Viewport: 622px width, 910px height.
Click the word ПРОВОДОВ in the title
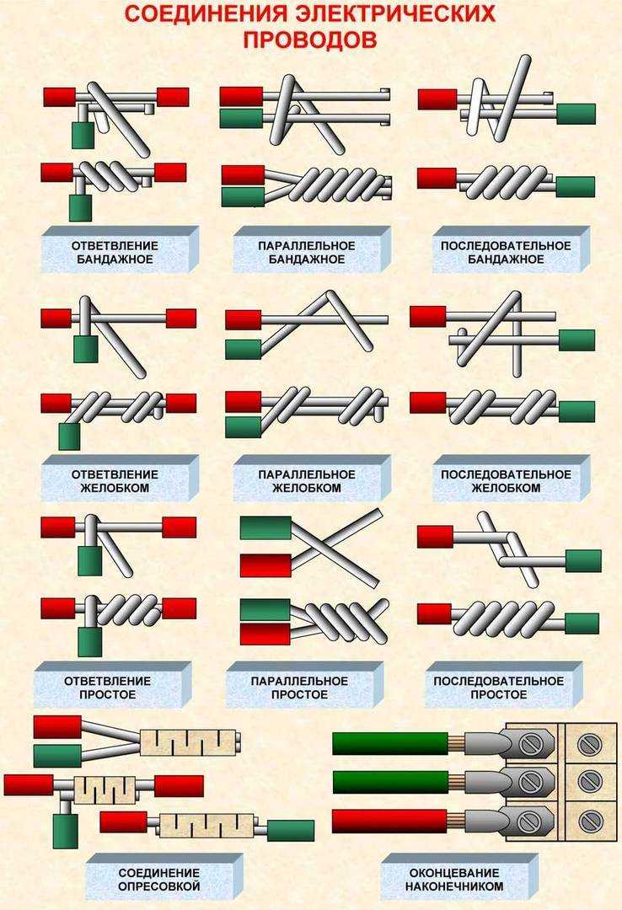click(x=310, y=40)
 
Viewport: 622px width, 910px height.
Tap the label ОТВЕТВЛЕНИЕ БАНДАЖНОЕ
click(x=115, y=253)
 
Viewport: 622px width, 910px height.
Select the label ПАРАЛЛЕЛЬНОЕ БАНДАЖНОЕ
click(x=306, y=253)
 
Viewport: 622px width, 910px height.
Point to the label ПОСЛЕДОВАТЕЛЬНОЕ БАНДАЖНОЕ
click(x=505, y=253)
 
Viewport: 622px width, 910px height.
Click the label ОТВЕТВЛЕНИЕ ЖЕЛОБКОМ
click(x=115, y=481)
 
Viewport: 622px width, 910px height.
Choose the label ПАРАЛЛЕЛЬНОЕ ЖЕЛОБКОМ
click(x=306, y=481)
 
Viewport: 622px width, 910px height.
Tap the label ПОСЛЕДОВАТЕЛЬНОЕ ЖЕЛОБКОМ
click(x=505, y=481)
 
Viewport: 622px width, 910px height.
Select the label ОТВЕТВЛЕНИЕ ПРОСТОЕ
click(x=107, y=688)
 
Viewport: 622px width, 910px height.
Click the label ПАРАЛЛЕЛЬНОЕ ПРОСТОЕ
click(x=299, y=688)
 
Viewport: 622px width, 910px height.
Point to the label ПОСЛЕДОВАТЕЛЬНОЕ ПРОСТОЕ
click(x=498, y=688)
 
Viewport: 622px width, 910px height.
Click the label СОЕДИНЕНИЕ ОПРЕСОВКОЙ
click(x=158, y=880)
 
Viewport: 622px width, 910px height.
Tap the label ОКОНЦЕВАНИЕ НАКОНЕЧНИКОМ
click(x=453, y=880)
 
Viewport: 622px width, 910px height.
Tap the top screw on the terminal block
click(x=589, y=744)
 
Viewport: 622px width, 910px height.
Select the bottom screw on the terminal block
click(x=589, y=821)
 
